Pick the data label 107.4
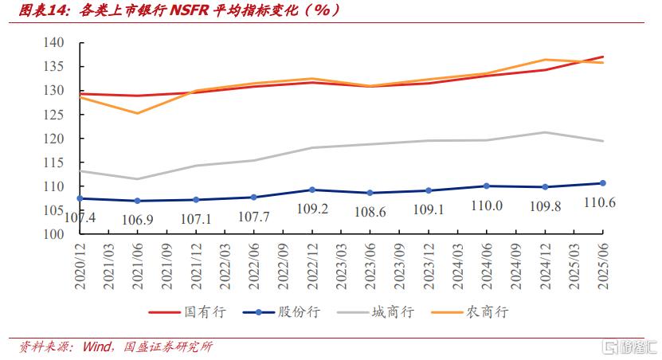(79, 217)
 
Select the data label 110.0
(487, 205)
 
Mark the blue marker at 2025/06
(603, 183)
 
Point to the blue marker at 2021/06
(137, 201)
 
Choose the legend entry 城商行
(379, 311)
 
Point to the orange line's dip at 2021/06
(137, 113)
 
